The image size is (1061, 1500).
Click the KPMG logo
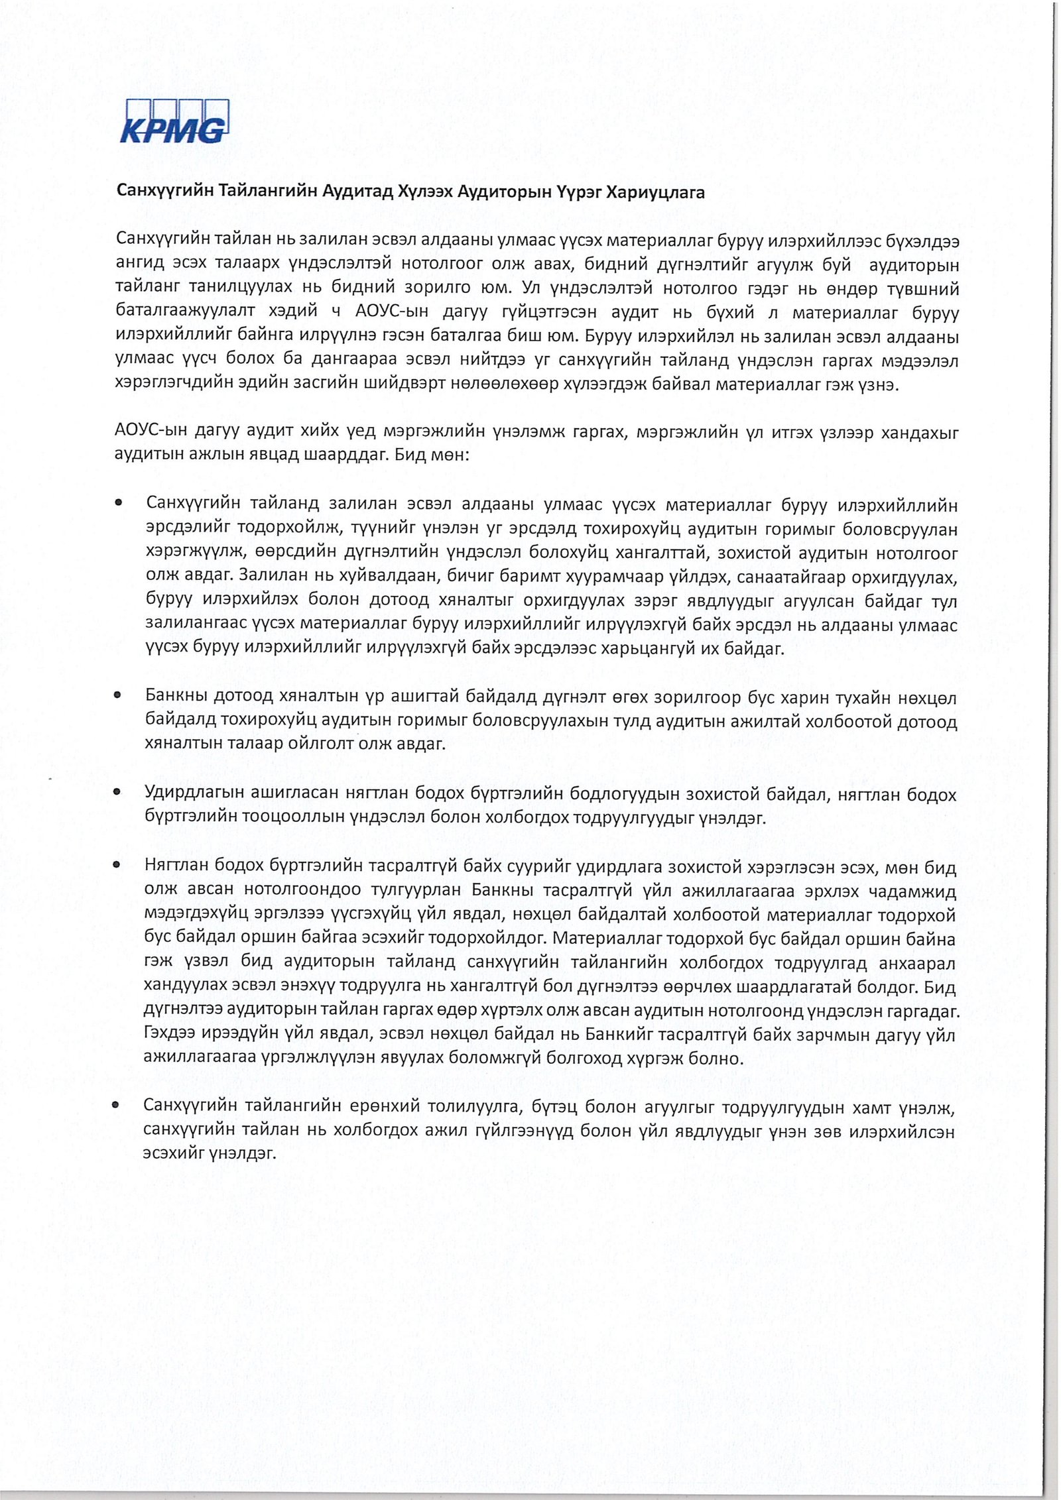(x=174, y=121)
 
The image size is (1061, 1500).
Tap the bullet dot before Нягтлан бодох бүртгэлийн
(x=117, y=865)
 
